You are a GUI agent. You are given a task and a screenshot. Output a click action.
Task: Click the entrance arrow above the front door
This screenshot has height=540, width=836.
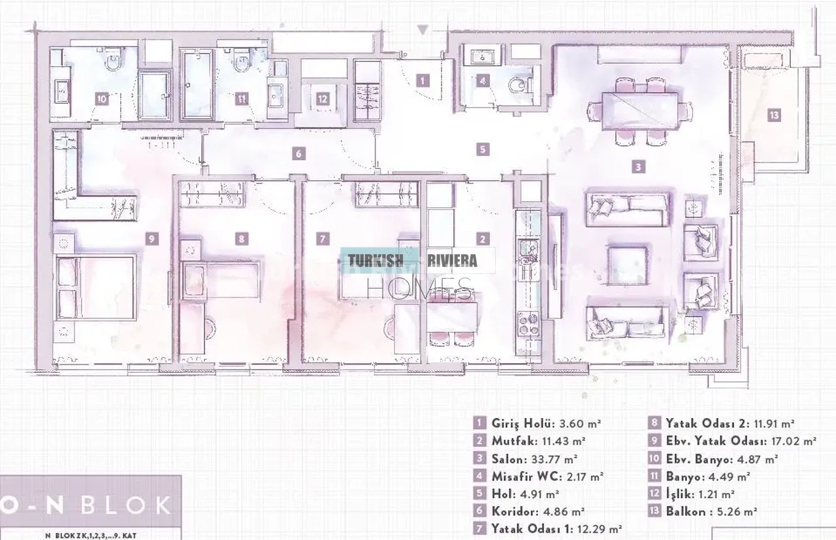(x=423, y=30)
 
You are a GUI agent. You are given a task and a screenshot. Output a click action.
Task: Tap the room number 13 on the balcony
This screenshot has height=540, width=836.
(x=774, y=115)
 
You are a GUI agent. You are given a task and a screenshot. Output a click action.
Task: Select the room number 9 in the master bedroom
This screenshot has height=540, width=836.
(x=152, y=239)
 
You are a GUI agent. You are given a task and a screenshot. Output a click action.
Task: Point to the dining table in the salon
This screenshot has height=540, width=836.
(x=639, y=111)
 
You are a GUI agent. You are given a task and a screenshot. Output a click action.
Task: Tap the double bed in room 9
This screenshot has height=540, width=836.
(x=96, y=287)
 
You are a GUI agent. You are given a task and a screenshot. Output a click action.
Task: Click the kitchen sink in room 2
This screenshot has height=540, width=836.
(x=528, y=251)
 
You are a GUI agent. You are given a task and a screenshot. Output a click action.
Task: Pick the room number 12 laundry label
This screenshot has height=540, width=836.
(x=322, y=99)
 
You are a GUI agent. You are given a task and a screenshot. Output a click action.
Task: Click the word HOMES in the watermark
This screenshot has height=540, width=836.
(x=419, y=289)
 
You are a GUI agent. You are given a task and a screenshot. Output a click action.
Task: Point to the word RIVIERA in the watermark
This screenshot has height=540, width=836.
(x=452, y=261)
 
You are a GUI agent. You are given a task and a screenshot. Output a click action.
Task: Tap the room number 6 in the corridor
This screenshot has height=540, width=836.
(x=298, y=153)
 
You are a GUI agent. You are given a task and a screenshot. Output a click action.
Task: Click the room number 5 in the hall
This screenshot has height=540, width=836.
(x=483, y=150)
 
